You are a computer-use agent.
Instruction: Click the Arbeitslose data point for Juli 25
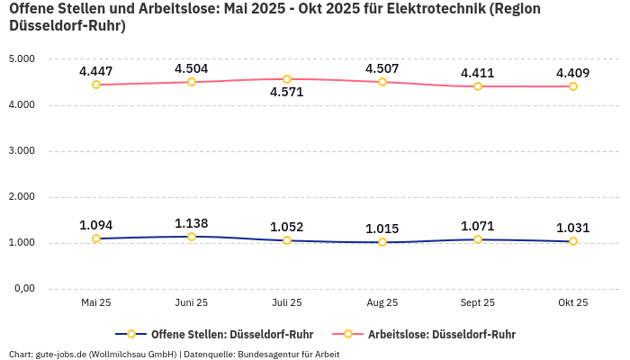click(x=287, y=79)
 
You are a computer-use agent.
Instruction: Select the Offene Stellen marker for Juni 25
click(x=192, y=237)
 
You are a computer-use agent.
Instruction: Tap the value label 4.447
click(x=96, y=71)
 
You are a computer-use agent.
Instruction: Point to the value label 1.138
click(x=192, y=223)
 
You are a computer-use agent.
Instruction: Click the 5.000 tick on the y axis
click(x=21, y=59)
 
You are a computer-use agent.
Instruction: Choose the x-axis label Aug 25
click(x=382, y=303)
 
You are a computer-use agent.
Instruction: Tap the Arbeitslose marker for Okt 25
click(x=573, y=86)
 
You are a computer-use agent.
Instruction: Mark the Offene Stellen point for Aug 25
click(x=382, y=242)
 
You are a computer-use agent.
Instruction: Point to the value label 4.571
click(x=287, y=93)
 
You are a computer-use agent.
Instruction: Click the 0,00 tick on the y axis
click(x=22, y=289)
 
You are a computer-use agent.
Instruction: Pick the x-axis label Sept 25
click(x=478, y=303)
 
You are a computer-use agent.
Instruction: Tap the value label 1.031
click(x=573, y=228)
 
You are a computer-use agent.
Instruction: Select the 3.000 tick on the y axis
click(x=21, y=151)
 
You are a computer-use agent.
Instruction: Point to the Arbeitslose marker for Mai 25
click(x=96, y=85)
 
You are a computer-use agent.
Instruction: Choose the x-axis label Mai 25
click(x=96, y=303)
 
